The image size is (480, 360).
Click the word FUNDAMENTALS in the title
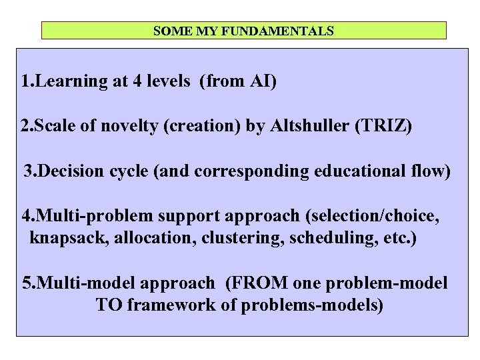pyautogui.click(x=291, y=31)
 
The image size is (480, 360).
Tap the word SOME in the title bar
pyautogui.click(x=167, y=31)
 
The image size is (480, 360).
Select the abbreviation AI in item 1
pyautogui.click(x=261, y=82)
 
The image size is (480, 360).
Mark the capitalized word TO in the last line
pyautogui.click(x=109, y=305)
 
